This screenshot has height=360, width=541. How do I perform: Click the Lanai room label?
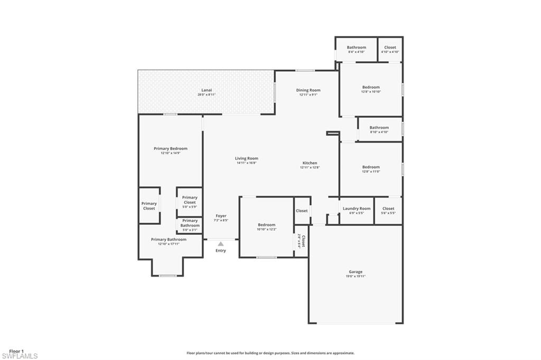pos(207,90)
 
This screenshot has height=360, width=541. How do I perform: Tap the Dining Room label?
pos(308,90)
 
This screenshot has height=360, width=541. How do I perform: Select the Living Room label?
pos(246,158)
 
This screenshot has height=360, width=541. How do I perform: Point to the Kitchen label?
pos(310,163)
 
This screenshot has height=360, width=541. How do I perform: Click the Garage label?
pos(356,272)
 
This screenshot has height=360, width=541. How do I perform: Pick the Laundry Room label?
pos(357,209)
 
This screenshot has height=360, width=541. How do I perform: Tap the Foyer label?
pos(221,216)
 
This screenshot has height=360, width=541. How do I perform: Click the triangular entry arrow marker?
pos(221,243)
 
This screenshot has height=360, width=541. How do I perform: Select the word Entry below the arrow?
pos(221,250)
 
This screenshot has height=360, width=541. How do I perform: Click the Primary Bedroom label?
pos(170,149)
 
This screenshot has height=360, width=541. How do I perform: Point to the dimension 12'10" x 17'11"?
pos(169,244)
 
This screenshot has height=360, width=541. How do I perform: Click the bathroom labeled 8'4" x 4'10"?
pos(357,49)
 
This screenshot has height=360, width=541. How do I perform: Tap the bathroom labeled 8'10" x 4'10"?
pos(379,129)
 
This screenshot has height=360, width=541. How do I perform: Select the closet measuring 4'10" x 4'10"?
pos(390,49)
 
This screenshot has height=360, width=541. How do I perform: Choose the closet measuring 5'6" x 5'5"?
pos(388,211)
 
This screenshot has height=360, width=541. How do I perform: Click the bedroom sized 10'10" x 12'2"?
pos(266,227)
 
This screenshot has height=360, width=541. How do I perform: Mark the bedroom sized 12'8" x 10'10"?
pos(371,89)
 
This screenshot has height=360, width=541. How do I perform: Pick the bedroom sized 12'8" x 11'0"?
pos(371,169)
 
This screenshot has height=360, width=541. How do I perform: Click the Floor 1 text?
pos(16,351)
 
